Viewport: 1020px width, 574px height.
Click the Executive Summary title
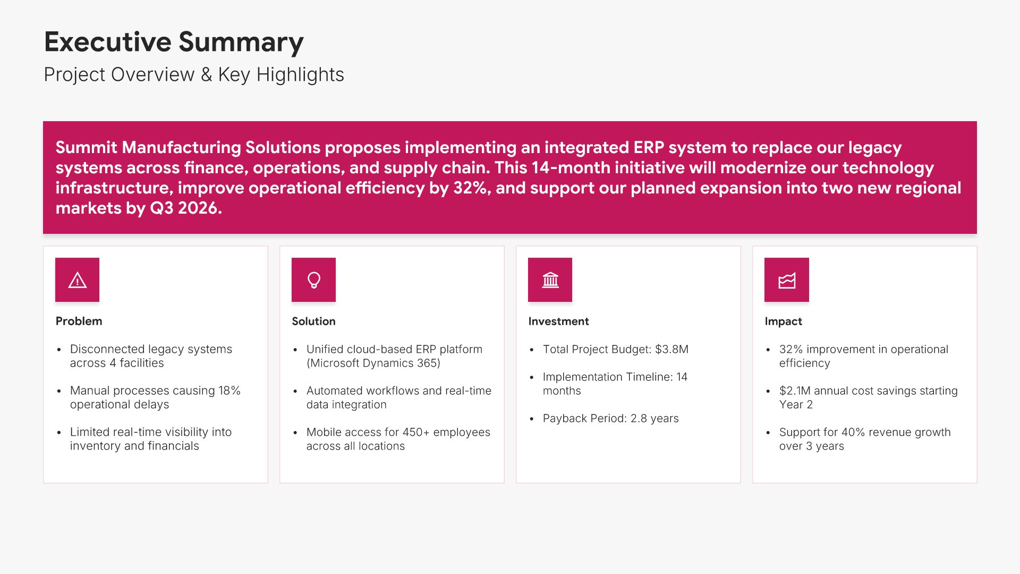tap(174, 43)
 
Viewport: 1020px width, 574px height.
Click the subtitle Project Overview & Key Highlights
tap(194, 75)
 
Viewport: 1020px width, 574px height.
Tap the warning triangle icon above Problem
tap(78, 280)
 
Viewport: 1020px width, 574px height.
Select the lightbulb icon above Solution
tap(314, 280)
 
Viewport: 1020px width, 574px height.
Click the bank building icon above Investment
tap(550, 280)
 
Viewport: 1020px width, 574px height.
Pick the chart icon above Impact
tap(787, 280)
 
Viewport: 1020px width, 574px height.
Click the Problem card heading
tap(79, 321)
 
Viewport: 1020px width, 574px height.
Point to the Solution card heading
tap(313, 321)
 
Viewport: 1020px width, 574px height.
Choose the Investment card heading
tap(558, 321)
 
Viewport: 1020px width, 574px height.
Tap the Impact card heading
tap(783, 322)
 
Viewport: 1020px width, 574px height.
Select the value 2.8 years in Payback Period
tap(654, 418)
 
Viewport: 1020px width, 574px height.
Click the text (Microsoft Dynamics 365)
tap(373, 363)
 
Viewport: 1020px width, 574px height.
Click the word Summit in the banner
tap(86, 147)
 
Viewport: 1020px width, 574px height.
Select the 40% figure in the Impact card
tap(852, 432)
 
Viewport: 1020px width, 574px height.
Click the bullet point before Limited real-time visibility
tap(59, 433)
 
